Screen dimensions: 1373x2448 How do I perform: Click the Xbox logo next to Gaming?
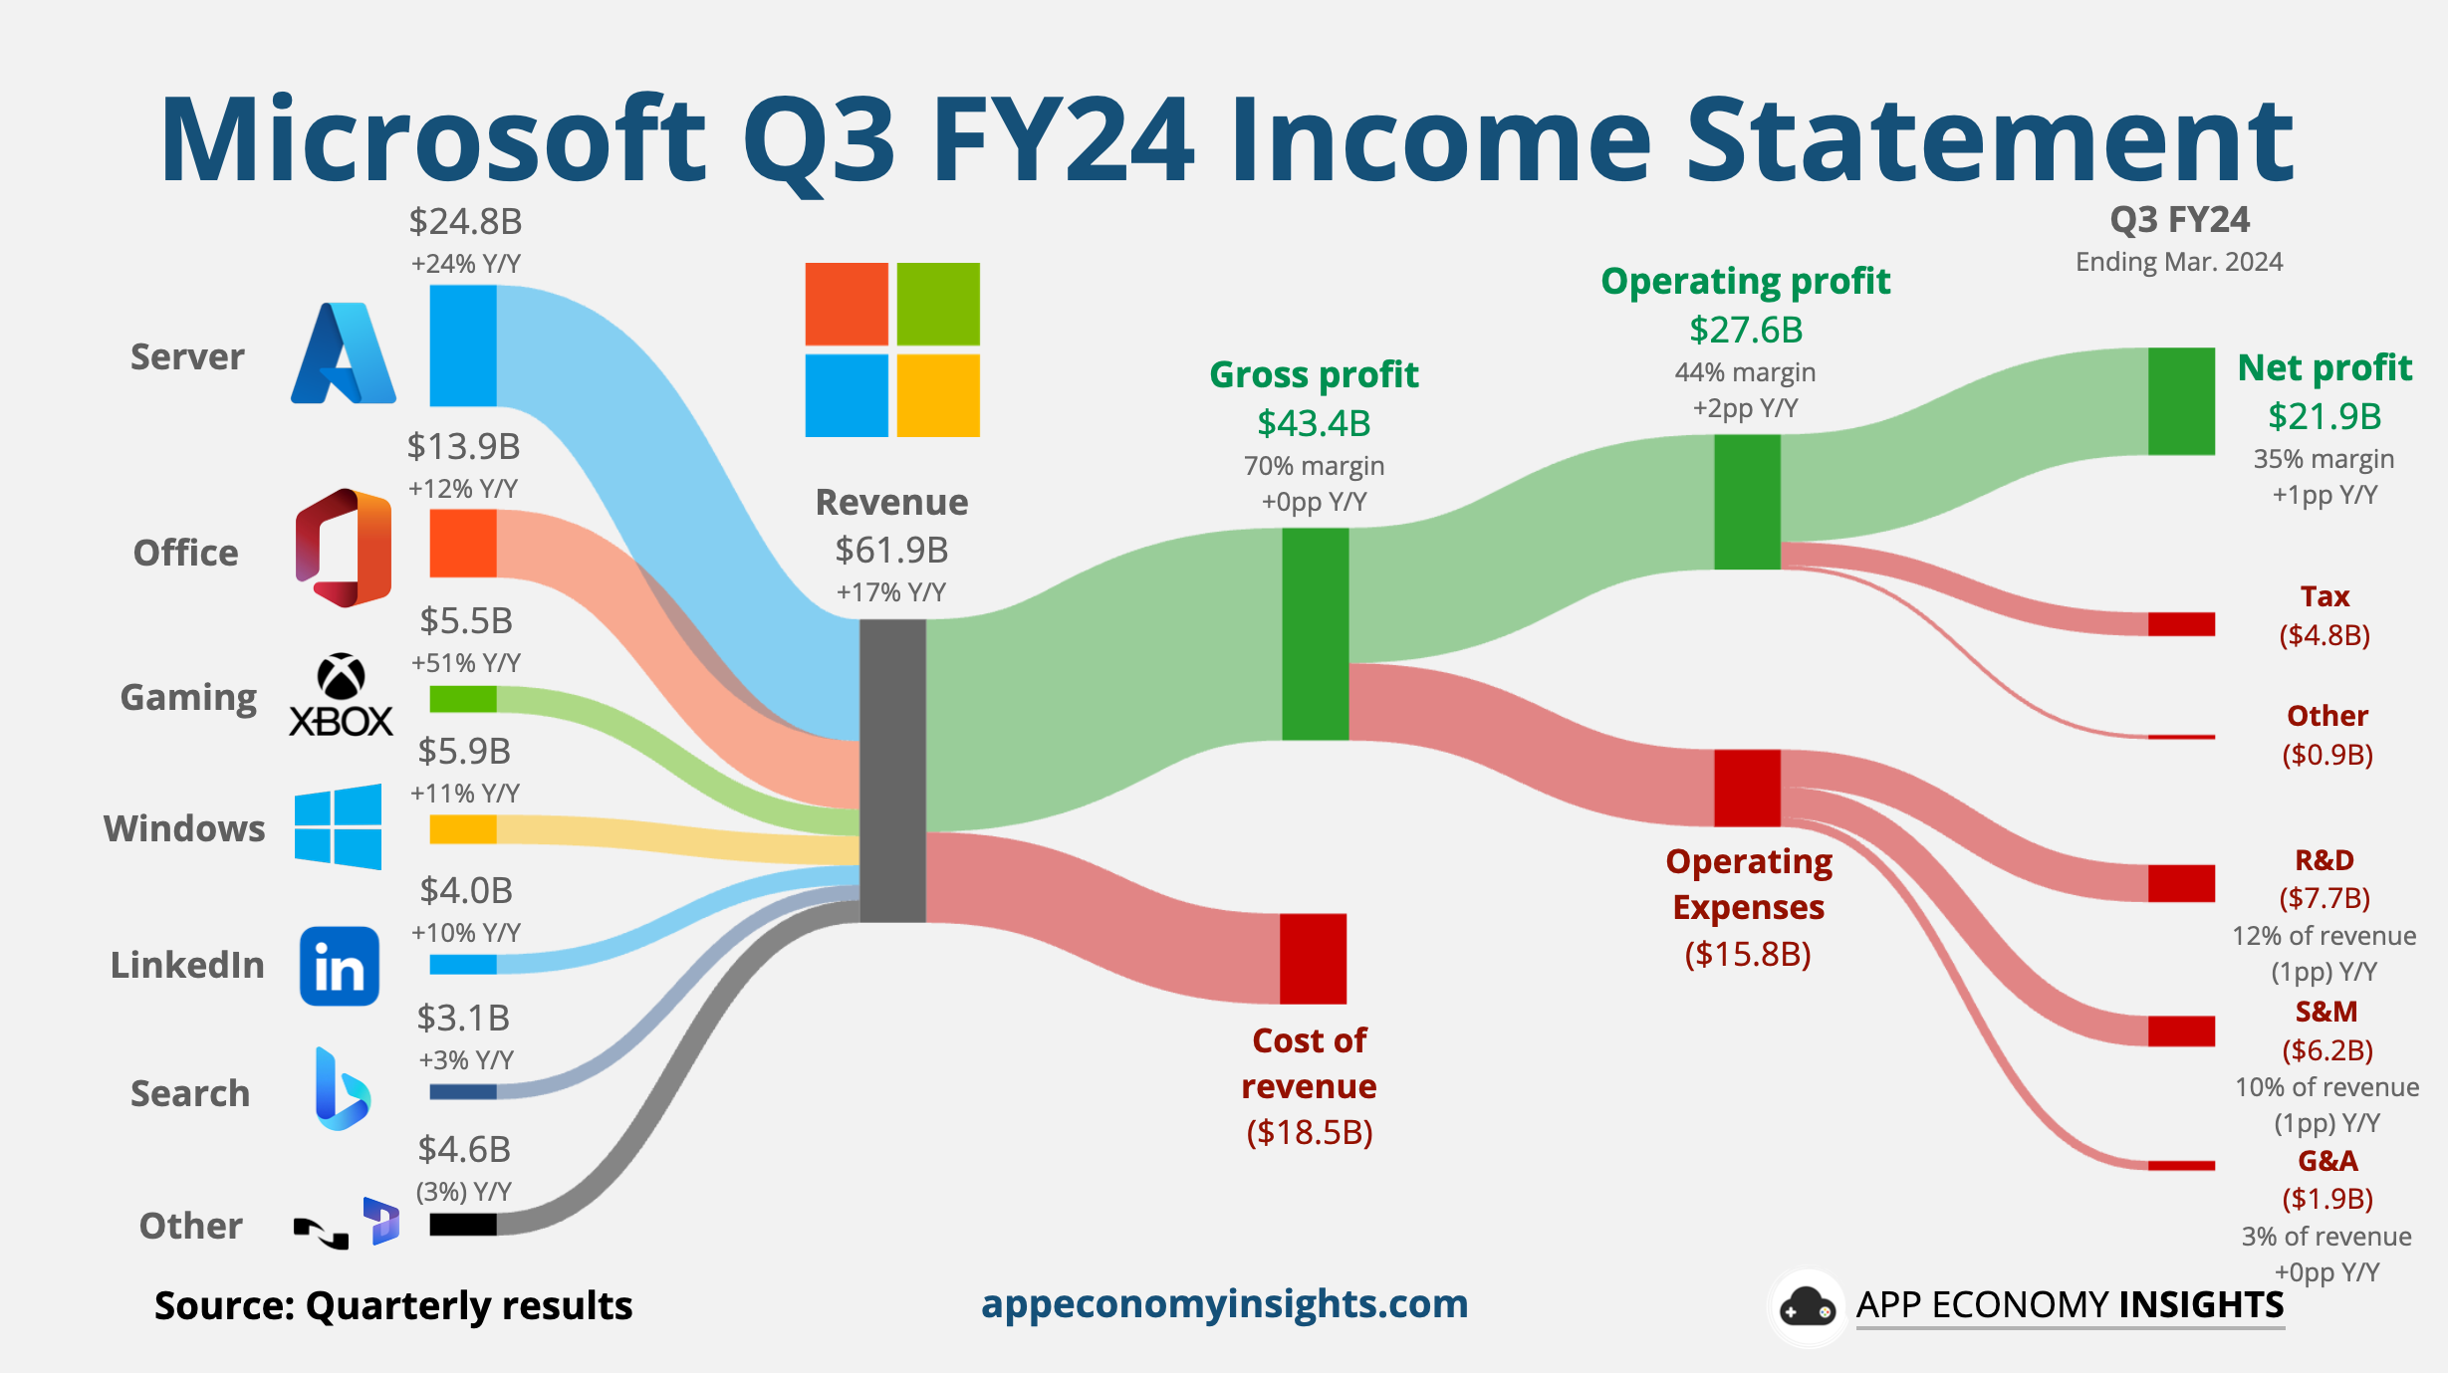point(341,696)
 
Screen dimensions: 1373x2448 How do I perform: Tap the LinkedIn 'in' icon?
point(339,966)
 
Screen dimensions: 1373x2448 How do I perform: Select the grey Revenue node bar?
point(892,771)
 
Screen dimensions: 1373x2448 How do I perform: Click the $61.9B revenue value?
point(891,550)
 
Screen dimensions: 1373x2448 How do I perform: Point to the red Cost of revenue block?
point(1313,958)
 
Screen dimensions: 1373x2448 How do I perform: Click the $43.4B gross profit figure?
point(1314,423)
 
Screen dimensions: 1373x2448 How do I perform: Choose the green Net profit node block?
point(2180,401)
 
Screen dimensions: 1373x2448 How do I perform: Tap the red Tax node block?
point(2180,624)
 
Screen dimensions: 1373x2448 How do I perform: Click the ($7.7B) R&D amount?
point(2325,898)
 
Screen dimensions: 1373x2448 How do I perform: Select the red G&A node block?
point(2180,1165)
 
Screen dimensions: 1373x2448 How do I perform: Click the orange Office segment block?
point(463,544)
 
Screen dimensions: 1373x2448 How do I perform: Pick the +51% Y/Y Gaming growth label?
point(465,663)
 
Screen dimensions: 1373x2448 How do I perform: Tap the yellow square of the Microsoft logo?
point(937,395)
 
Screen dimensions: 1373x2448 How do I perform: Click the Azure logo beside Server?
point(343,354)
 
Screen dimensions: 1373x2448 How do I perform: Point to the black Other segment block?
point(463,1224)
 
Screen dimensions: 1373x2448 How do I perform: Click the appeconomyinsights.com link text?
point(1224,1303)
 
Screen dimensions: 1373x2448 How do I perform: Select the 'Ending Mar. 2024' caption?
point(2178,262)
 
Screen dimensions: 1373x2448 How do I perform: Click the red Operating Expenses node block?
point(1747,788)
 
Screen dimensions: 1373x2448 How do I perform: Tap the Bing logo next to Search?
point(341,1089)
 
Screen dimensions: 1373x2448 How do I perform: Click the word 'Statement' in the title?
point(1989,139)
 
